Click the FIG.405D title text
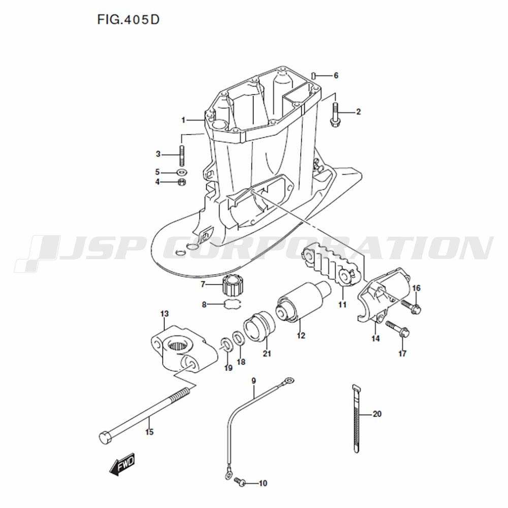coord(129,20)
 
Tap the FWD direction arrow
coord(122,464)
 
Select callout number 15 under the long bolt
coord(149,432)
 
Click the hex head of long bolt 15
coord(105,438)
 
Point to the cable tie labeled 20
coord(356,418)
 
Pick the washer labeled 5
coord(182,171)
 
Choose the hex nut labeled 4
coord(182,181)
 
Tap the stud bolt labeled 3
coord(182,155)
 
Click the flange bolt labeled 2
coord(334,114)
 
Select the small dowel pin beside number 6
coord(313,75)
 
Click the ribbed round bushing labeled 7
coord(233,285)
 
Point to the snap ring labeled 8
coord(233,304)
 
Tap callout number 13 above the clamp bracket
coord(165,313)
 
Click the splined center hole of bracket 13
coord(179,345)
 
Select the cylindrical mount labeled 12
coord(304,302)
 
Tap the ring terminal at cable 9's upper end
coord(288,379)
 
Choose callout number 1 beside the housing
coord(183,120)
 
